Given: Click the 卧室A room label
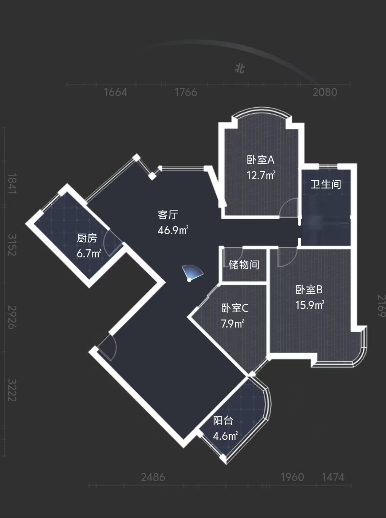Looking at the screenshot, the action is coord(261,160).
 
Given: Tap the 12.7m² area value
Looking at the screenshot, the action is coord(261,175).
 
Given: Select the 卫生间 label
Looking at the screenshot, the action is coord(326,185).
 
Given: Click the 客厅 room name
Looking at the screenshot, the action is coord(168,215).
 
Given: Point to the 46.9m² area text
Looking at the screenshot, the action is coord(173,230).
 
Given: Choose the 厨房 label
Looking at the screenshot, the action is coord(87,238).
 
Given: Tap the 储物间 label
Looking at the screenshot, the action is coord(244,265).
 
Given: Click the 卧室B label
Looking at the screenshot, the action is coord(309,290).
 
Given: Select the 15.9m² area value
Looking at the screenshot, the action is coord(310,305).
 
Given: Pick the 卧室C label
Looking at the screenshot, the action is coord(235,308).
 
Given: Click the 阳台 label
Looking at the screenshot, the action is coord(223,421).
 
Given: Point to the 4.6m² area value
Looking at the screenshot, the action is coord(225,436).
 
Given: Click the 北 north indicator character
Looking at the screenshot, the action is coord(240,69).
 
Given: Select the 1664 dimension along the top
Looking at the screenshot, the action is coord(115,92).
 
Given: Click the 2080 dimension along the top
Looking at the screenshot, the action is coord(325,92).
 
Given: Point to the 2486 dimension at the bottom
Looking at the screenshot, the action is coord(153,477).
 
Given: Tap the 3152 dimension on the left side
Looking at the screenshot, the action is coord(12,245).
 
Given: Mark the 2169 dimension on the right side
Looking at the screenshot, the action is coord(381,306).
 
